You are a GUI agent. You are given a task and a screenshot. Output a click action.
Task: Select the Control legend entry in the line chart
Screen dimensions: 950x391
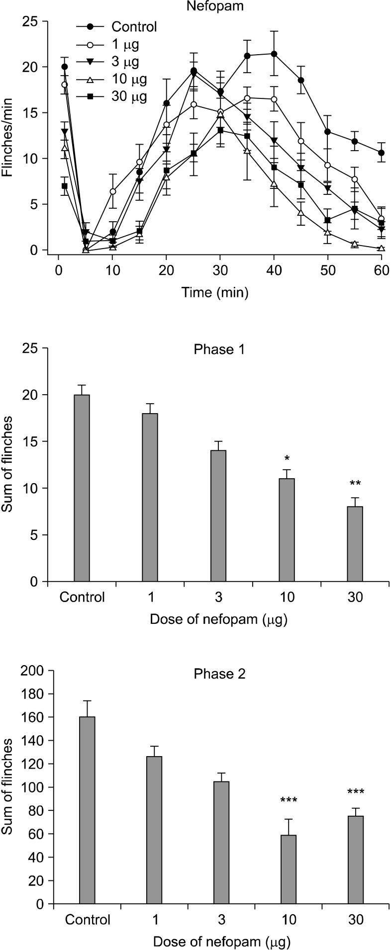[134, 27]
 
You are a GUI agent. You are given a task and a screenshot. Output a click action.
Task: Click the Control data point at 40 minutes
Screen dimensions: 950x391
[274, 54]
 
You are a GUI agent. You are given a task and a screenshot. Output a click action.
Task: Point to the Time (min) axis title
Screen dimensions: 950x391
[215, 292]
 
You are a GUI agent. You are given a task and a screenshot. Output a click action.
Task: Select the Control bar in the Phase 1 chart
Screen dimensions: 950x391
[82, 488]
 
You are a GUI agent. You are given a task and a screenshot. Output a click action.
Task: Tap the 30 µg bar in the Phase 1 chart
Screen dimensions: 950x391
[355, 544]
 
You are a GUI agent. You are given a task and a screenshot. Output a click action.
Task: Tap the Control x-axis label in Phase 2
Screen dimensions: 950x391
[87, 920]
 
